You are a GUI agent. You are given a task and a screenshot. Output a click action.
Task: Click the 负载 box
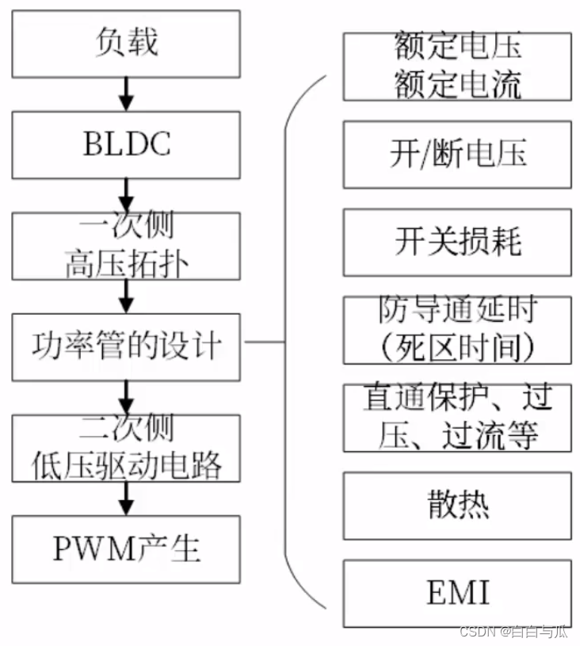click(126, 44)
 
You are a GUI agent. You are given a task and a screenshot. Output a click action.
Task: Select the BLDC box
click(126, 144)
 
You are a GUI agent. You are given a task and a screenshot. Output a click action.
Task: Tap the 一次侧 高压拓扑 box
click(126, 246)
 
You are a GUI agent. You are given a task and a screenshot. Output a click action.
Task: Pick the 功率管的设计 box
click(126, 346)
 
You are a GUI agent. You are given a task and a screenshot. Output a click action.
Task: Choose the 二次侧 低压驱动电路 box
click(126, 447)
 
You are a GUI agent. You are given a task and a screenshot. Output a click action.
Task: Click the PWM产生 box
click(126, 549)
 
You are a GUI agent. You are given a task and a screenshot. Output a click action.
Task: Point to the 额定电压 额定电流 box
click(457, 66)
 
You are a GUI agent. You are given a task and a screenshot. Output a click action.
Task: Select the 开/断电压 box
click(457, 154)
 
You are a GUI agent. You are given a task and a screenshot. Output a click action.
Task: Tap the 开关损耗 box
click(457, 242)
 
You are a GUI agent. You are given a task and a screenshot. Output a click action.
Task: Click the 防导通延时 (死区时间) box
click(457, 329)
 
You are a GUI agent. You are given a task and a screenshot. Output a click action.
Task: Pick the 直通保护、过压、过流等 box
click(457, 417)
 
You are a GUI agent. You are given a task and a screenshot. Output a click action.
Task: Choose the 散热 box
click(457, 505)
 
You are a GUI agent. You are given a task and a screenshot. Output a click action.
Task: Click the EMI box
click(457, 593)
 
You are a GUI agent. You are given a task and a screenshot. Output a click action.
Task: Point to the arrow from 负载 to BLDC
click(126, 94)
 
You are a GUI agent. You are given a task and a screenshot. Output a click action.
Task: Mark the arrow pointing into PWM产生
click(126, 498)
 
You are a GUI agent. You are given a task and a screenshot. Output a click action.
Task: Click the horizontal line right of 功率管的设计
click(265, 342)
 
